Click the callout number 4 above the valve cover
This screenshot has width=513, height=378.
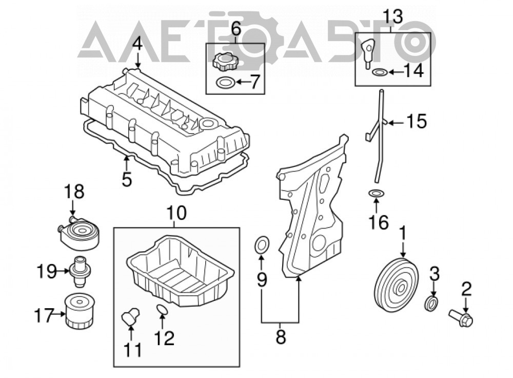pos(137,44)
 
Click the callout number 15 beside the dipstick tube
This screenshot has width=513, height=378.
pos(417,121)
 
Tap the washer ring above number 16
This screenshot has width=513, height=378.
pos(376,194)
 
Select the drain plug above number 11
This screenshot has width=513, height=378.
pos(130,315)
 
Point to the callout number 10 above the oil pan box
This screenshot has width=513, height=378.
pos(176,213)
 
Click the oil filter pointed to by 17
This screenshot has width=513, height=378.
pos(80,310)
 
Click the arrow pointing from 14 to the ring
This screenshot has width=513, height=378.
pos(395,71)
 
